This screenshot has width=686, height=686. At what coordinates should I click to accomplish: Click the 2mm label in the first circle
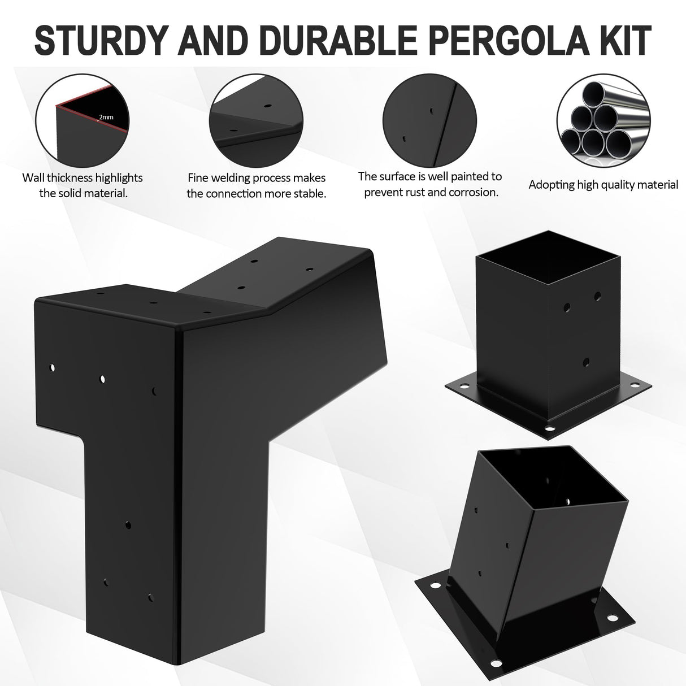tap(106, 118)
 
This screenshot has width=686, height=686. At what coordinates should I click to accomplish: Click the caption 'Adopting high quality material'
tap(603, 184)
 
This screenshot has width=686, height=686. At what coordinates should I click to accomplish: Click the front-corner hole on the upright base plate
tap(550, 430)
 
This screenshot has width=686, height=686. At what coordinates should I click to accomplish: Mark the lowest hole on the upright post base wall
tap(586, 362)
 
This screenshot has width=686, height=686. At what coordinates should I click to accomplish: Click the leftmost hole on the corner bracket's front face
tap(53, 367)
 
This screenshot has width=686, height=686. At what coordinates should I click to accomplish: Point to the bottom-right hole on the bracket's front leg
tap(150, 596)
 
